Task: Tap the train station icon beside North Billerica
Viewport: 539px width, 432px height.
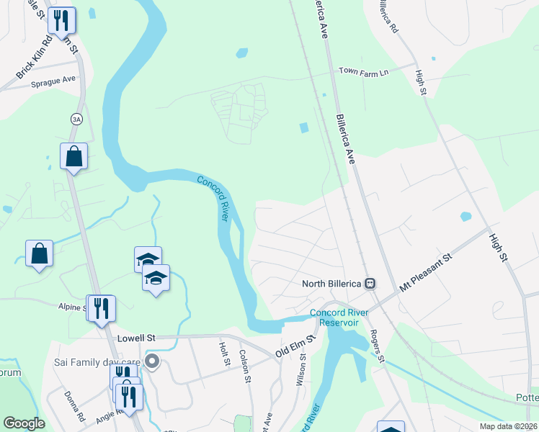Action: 370,283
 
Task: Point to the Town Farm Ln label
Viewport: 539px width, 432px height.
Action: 363,71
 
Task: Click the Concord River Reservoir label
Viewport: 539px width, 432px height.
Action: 334,318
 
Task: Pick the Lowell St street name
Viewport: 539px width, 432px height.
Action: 135,337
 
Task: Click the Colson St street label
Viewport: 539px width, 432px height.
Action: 244,365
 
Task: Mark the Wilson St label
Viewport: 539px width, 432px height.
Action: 303,369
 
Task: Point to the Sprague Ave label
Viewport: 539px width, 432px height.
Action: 53,83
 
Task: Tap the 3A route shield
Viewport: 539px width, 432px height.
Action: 76,119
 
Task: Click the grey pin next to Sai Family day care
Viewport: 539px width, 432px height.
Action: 151,361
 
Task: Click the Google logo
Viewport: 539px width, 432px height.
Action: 24,423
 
